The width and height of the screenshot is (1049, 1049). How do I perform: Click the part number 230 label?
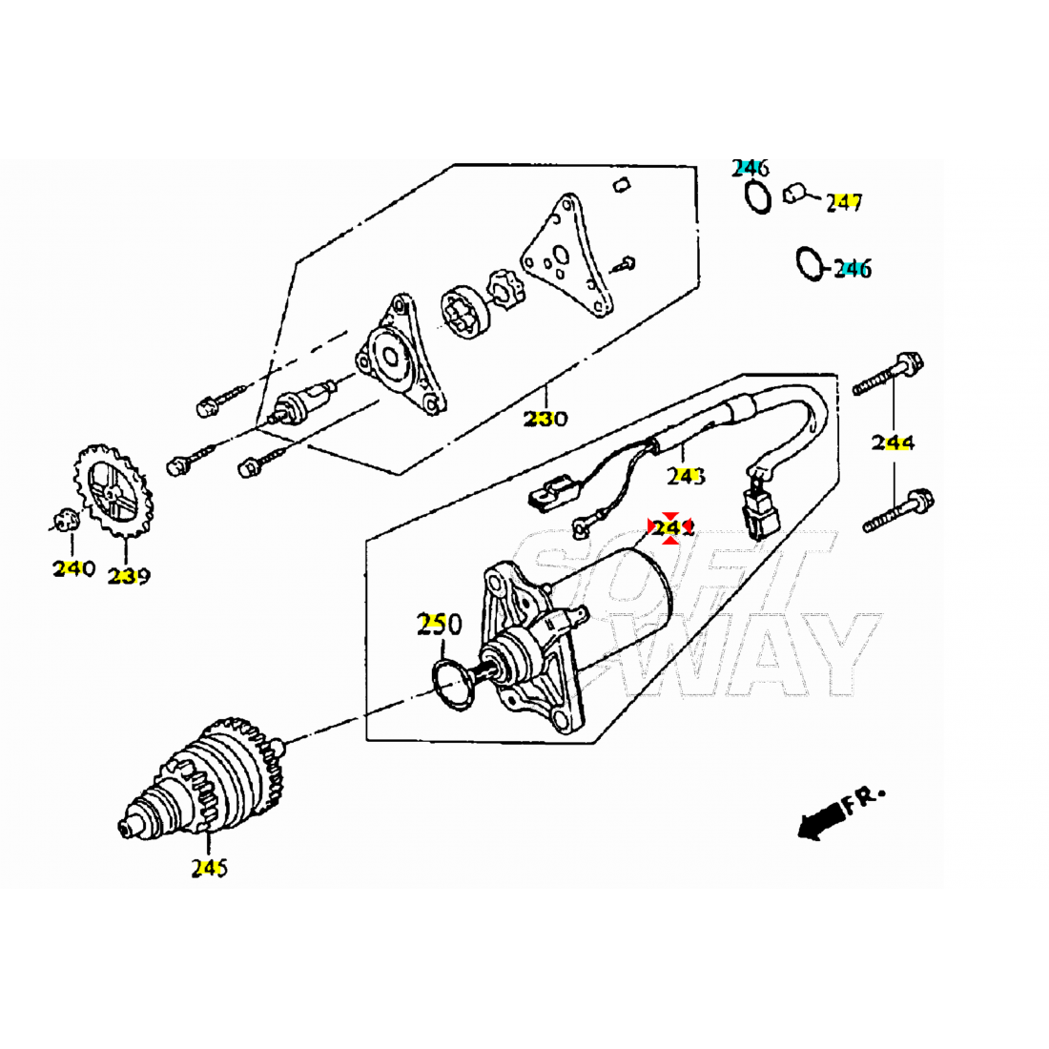(x=545, y=419)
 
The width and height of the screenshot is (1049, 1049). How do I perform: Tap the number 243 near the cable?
(x=686, y=475)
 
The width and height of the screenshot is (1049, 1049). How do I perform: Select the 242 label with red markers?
(x=671, y=528)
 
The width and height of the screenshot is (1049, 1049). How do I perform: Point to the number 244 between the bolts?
(x=893, y=442)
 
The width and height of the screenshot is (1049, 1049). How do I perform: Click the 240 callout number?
(x=73, y=569)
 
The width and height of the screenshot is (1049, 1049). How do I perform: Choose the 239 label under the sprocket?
(x=129, y=576)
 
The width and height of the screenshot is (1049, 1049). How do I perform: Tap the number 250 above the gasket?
(x=439, y=625)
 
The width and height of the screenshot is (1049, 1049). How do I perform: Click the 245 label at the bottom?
(x=209, y=869)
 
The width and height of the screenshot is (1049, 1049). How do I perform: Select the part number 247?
(x=844, y=202)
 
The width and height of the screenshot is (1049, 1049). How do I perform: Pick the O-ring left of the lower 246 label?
(x=809, y=264)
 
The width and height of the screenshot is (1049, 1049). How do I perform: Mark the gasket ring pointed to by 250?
(x=450, y=682)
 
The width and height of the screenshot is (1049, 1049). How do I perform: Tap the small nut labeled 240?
(x=65, y=521)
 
